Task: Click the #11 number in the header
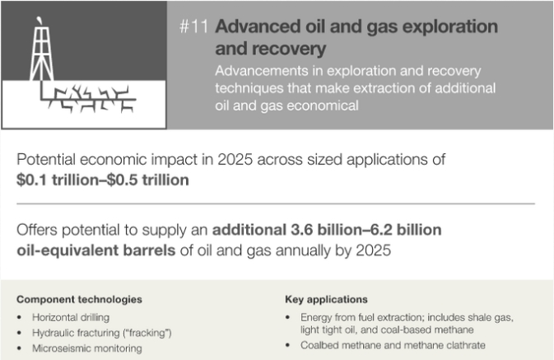click(x=193, y=26)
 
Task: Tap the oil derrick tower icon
click(x=42, y=53)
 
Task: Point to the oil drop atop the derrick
click(x=40, y=20)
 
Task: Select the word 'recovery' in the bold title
click(x=271, y=49)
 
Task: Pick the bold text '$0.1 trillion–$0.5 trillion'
click(x=102, y=180)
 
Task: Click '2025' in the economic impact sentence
click(x=235, y=160)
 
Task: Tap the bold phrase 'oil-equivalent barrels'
click(x=96, y=250)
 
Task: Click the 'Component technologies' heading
click(x=79, y=300)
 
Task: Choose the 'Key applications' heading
click(x=326, y=300)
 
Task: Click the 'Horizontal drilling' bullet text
click(x=71, y=317)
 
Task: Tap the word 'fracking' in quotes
click(x=148, y=333)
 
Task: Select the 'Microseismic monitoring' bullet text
click(x=87, y=348)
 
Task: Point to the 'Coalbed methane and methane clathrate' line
click(x=393, y=345)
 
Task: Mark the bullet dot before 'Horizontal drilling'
click(x=19, y=317)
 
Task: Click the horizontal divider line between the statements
click(x=276, y=203)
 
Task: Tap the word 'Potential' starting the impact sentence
click(x=46, y=160)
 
